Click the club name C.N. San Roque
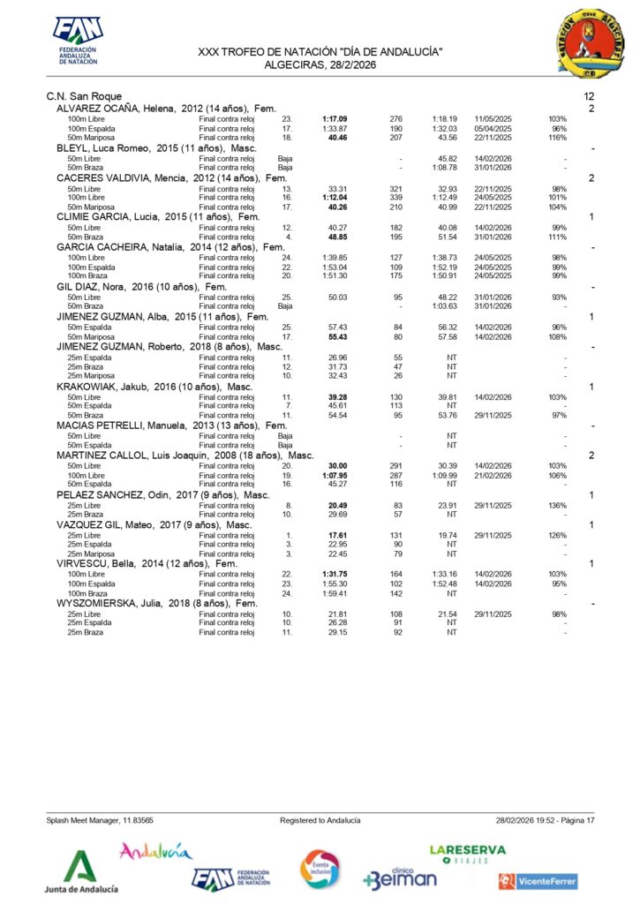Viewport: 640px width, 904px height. point(84,95)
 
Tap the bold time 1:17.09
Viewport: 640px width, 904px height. point(335,118)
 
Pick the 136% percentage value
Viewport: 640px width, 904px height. point(557,504)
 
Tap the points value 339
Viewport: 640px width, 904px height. point(395,197)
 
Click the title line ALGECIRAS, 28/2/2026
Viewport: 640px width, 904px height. point(320,64)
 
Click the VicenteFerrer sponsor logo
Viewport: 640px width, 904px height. point(538,881)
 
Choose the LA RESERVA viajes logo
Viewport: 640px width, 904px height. point(467,853)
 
